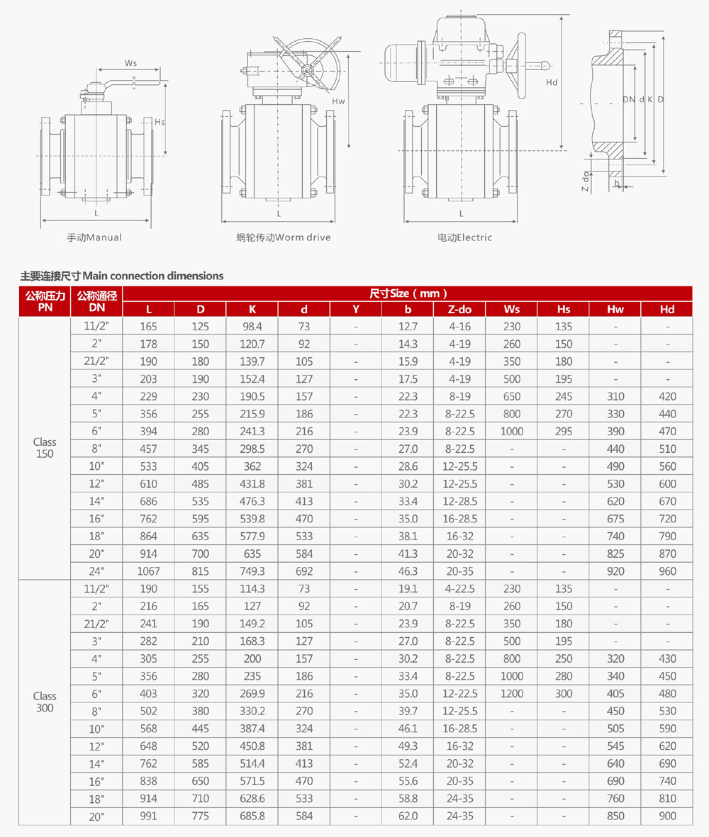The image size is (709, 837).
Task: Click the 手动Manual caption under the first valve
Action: point(94,237)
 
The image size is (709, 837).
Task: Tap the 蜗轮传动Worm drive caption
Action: point(284,237)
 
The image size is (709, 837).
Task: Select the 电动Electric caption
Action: point(464,237)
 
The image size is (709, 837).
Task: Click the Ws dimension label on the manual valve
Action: point(130,63)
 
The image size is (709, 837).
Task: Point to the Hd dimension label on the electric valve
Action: point(552,82)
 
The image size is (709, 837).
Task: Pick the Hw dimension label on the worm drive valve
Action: point(338,101)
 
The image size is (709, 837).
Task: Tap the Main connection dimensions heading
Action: point(122,276)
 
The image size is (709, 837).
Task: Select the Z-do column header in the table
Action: point(459,309)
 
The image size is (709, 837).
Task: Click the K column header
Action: point(252,309)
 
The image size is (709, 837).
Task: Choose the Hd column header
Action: point(667,309)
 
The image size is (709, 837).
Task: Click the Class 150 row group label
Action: point(44,448)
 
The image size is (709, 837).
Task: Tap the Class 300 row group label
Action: point(44,702)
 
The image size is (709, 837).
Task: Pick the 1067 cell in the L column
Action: point(148,571)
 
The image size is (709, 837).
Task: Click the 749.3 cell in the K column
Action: point(252,571)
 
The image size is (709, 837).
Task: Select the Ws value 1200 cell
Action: point(511,694)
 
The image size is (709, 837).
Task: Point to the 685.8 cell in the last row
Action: point(252,816)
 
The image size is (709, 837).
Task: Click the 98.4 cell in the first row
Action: point(252,327)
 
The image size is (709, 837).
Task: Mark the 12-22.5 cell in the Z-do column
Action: point(459,694)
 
